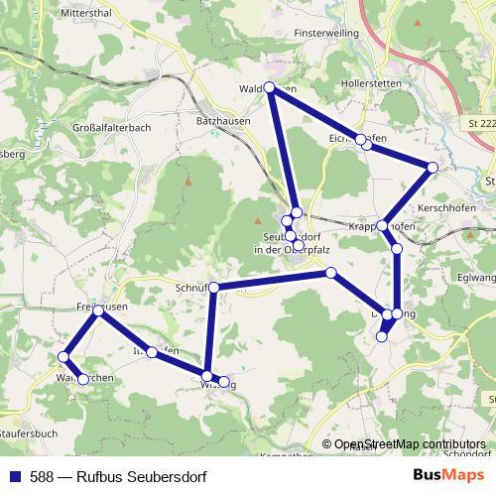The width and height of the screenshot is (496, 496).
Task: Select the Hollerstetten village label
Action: [370, 84]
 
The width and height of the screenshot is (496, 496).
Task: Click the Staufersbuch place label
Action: [30, 434]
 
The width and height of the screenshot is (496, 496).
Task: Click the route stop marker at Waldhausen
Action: [270, 87]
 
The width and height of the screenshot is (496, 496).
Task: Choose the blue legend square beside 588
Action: [13, 476]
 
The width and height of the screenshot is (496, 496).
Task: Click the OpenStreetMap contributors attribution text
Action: [410, 444]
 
